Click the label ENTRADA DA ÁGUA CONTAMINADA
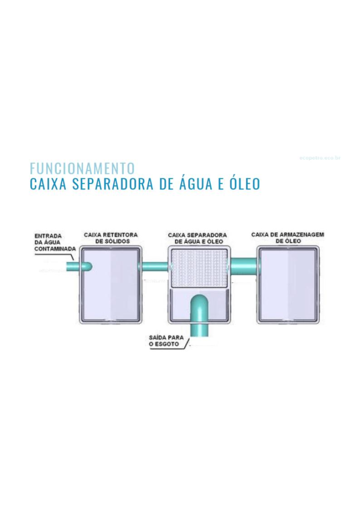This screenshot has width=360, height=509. click(x=55, y=242)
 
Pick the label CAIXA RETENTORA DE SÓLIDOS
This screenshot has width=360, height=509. click(x=111, y=238)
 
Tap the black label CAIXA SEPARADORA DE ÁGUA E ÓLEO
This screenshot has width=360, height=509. click(x=197, y=238)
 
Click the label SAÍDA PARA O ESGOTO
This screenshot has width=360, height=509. click(x=166, y=341)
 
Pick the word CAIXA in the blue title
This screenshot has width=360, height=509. click(x=48, y=183)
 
